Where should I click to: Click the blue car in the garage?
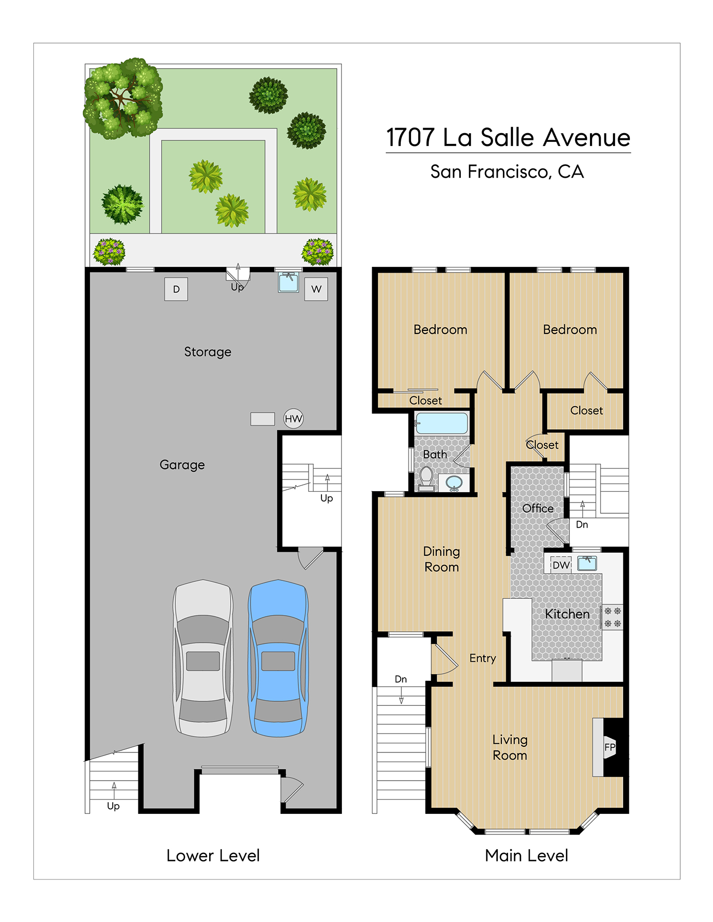click(278, 658)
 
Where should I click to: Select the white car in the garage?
click(203, 658)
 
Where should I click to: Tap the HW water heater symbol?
click(294, 418)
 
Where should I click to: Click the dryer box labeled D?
click(176, 289)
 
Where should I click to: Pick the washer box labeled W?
click(316, 289)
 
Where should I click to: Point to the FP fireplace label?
click(609, 747)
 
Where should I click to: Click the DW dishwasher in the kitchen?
click(561, 565)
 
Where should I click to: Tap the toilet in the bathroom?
click(426, 479)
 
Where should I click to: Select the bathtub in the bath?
click(441, 424)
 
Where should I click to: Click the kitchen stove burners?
click(613, 617)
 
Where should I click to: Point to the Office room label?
click(538, 508)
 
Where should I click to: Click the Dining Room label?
click(441, 559)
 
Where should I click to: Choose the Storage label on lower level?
click(208, 352)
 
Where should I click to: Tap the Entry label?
click(482, 658)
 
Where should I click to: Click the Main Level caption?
click(526, 855)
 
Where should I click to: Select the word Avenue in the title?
click(586, 137)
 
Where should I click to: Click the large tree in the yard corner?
click(123, 98)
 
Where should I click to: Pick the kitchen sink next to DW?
click(587, 563)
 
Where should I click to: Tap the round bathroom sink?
click(454, 482)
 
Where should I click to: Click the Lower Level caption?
click(213, 855)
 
